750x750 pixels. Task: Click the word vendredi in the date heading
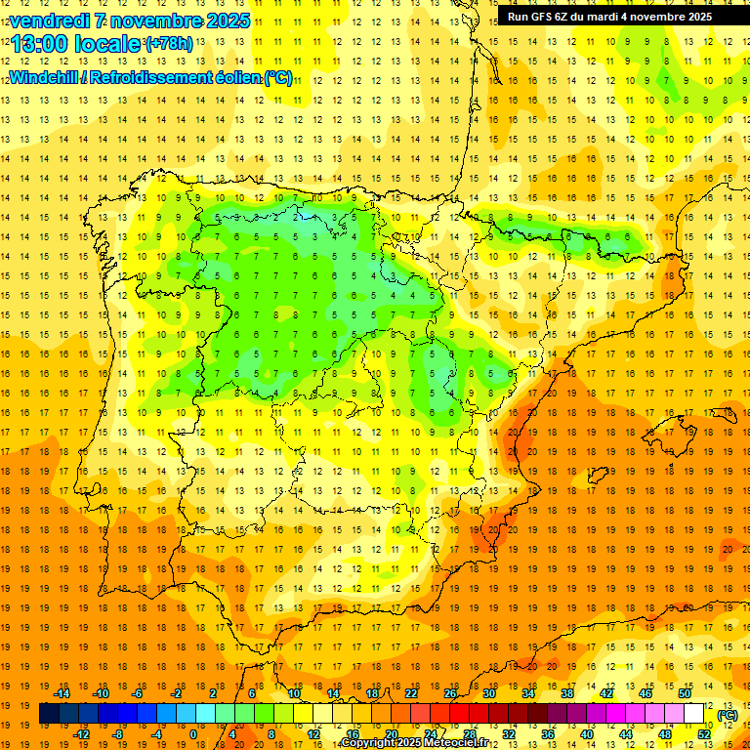[48, 21]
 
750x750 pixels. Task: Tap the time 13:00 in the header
[41, 44]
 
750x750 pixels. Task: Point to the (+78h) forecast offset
[169, 44]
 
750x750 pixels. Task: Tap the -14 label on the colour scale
[62, 693]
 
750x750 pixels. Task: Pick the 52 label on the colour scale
[704, 734]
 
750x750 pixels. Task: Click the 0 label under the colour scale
[194, 734]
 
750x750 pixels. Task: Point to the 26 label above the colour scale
[450, 693]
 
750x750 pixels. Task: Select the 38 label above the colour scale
[566, 693]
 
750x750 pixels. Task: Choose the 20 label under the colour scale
[391, 734]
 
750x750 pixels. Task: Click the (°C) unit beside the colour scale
[728, 715]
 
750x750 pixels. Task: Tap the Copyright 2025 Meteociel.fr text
[429, 743]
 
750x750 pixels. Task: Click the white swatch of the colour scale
[694, 714]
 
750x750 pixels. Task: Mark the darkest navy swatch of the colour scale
[49, 714]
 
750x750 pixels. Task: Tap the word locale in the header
[111, 44]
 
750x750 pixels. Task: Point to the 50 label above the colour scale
[685, 693]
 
